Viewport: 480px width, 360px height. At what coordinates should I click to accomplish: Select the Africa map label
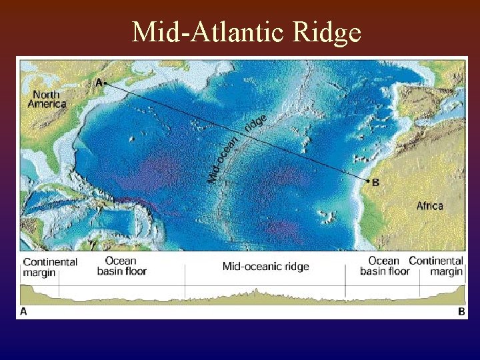click(x=429, y=206)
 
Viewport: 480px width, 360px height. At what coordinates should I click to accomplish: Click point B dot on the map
click(x=367, y=181)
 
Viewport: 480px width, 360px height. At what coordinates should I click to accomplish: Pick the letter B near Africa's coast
click(x=375, y=181)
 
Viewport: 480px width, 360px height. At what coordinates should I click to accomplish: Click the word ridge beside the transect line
click(x=257, y=123)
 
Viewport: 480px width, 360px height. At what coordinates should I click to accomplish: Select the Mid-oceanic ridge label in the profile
click(x=265, y=267)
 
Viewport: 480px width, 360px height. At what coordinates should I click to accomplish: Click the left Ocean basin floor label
click(x=121, y=266)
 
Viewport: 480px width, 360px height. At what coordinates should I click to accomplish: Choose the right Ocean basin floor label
click(x=385, y=266)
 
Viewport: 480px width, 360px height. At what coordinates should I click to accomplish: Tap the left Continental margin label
click(x=50, y=267)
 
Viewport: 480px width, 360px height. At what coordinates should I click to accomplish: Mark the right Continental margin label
click(x=437, y=266)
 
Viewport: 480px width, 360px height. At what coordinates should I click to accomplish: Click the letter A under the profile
click(x=25, y=311)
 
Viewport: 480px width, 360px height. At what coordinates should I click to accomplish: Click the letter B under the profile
click(x=461, y=311)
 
